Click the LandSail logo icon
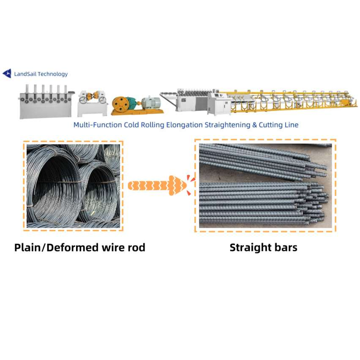pyautogui.click(x=7, y=74)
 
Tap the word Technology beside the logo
pyautogui.click(x=53, y=74)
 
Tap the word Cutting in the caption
pyautogui.click(x=270, y=125)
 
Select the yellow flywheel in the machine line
pyautogui.click(x=121, y=105)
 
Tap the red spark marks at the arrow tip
pyautogui.click(x=189, y=185)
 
